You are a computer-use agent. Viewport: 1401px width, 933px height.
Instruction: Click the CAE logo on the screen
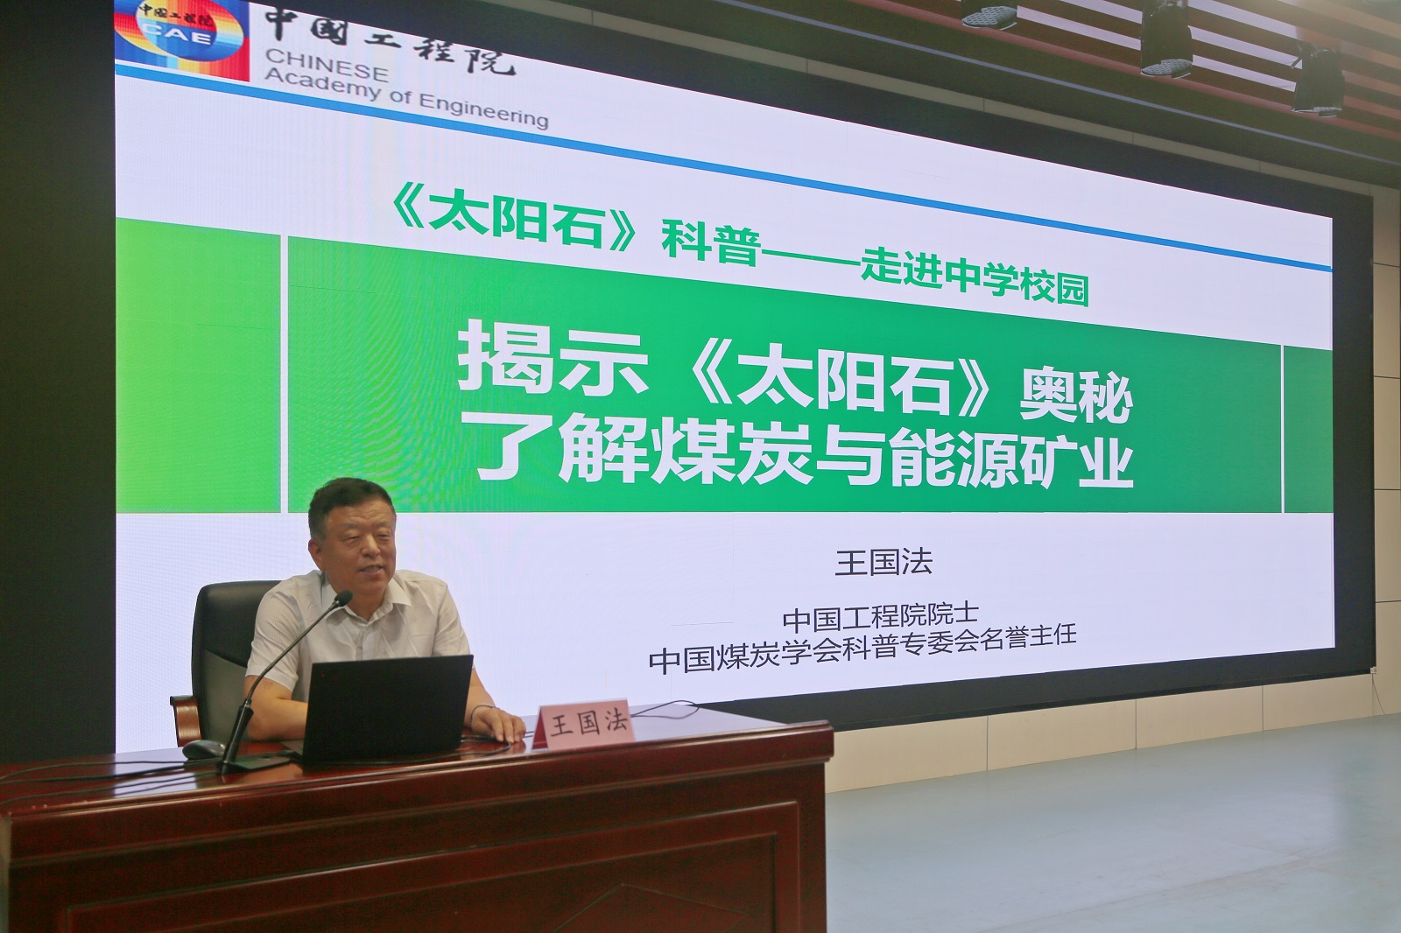click(x=182, y=39)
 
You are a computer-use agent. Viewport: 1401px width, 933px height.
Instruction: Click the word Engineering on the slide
click(x=482, y=110)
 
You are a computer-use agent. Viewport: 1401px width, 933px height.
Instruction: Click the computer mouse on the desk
click(x=204, y=748)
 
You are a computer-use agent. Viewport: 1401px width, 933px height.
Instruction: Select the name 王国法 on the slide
click(x=884, y=562)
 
